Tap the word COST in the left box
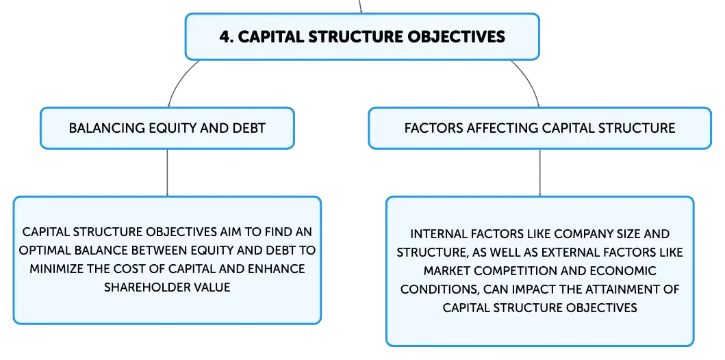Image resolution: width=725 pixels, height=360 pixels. pos(135,268)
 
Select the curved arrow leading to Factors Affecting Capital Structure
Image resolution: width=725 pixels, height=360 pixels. pos(529,81)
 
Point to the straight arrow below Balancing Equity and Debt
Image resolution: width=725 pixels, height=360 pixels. pos(167,173)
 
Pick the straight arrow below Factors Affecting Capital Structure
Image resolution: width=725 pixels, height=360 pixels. pos(539,173)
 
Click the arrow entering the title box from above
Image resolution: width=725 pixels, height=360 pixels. pos(360,6)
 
